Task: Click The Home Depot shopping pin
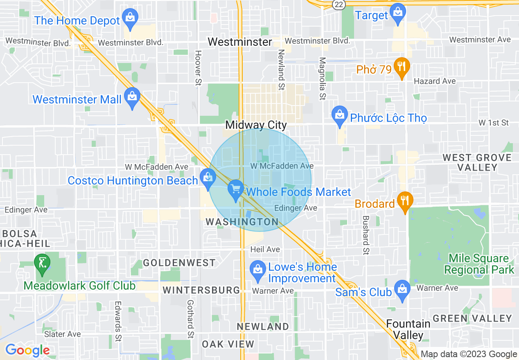[x=130, y=18]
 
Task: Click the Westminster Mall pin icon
[x=132, y=97]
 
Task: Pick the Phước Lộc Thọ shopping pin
[x=339, y=116]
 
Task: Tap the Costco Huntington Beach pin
[x=208, y=178]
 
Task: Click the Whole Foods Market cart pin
[x=235, y=190]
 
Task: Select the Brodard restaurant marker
[x=405, y=201]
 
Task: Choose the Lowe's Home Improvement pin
[x=257, y=270]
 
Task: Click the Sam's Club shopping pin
[x=402, y=290]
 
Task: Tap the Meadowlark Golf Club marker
[x=42, y=264]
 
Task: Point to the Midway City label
[x=256, y=125]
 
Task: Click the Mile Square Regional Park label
[x=479, y=264]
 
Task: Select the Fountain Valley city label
[x=408, y=329]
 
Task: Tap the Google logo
[x=27, y=350]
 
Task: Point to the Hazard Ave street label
[x=435, y=81]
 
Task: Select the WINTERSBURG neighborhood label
[x=201, y=290]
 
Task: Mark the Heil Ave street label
[x=265, y=249]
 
